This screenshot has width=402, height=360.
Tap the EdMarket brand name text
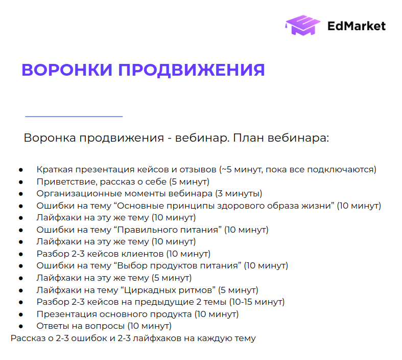click(357, 26)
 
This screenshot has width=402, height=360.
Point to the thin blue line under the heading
click(74, 117)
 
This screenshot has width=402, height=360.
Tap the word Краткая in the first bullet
click(51, 169)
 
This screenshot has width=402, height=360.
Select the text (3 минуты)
click(239, 193)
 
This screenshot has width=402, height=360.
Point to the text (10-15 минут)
click(257, 302)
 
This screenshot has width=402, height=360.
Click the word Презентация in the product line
click(63, 314)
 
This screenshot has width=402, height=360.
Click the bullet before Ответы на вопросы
click(21, 326)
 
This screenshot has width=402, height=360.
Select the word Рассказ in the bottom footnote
click(27, 338)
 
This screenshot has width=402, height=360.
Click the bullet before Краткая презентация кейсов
click(21, 169)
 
